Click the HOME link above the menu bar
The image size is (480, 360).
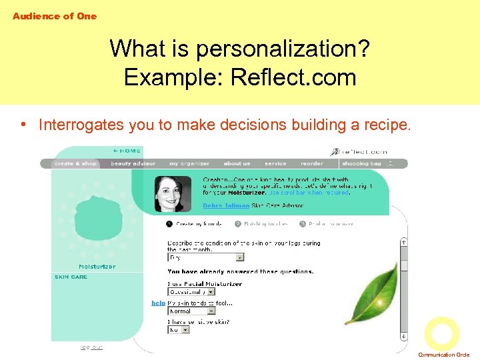pyautogui.click(x=127, y=151)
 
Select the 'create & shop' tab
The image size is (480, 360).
pyautogui.click(x=75, y=163)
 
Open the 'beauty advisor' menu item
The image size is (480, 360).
pyautogui.click(x=133, y=163)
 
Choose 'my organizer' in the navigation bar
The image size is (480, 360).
pyautogui.click(x=189, y=163)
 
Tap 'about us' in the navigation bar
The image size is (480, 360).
pyautogui.click(x=237, y=163)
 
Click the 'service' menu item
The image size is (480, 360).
pyautogui.click(x=275, y=163)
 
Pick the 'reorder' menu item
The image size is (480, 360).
pyautogui.click(x=312, y=163)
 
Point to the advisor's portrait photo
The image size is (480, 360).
pyautogui.click(x=173, y=193)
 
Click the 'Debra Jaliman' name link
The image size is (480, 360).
pyautogui.click(x=226, y=206)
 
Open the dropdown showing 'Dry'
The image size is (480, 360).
pyautogui.click(x=206, y=257)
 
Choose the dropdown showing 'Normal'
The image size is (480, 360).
pyautogui.click(x=191, y=311)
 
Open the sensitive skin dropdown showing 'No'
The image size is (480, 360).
pyautogui.click(x=179, y=329)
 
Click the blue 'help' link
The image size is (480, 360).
pyautogui.click(x=158, y=303)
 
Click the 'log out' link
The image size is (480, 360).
pyautogui.click(x=91, y=347)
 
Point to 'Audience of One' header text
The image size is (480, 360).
pyautogui.click(x=55, y=16)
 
